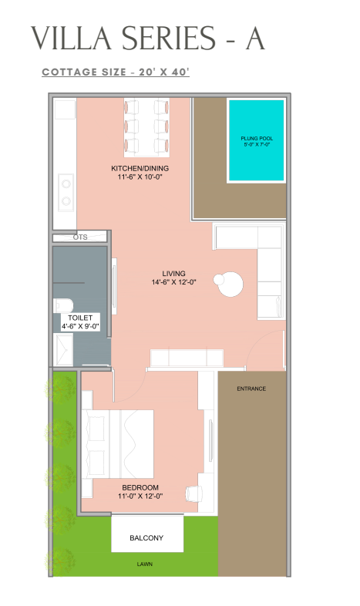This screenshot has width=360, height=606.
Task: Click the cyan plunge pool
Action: (x=257, y=140)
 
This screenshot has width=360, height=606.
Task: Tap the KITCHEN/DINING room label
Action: (x=140, y=173)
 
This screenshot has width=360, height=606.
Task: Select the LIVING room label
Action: (x=173, y=278)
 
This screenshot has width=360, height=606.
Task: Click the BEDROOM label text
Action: (x=140, y=487)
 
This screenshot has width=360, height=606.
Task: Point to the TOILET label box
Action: (x=80, y=322)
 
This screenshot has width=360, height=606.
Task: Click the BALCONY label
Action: (x=146, y=538)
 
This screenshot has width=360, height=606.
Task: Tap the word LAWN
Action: (x=144, y=564)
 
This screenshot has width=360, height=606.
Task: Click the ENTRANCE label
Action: (x=251, y=389)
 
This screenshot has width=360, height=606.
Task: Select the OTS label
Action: (x=80, y=237)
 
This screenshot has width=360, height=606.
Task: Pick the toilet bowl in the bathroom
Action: (x=63, y=305)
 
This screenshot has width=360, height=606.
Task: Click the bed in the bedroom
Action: (x=117, y=444)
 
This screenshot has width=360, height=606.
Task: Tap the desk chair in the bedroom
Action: (x=194, y=493)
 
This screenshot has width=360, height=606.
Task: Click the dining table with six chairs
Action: (x=146, y=127)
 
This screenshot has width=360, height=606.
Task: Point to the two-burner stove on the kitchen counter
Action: (x=66, y=193)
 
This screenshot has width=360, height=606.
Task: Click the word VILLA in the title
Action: (x=70, y=39)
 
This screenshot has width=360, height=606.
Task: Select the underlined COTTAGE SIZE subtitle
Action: (x=116, y=72)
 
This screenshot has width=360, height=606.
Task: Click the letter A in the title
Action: (x=255, y=39)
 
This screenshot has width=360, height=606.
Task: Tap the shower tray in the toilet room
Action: (x=63, y=350)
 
